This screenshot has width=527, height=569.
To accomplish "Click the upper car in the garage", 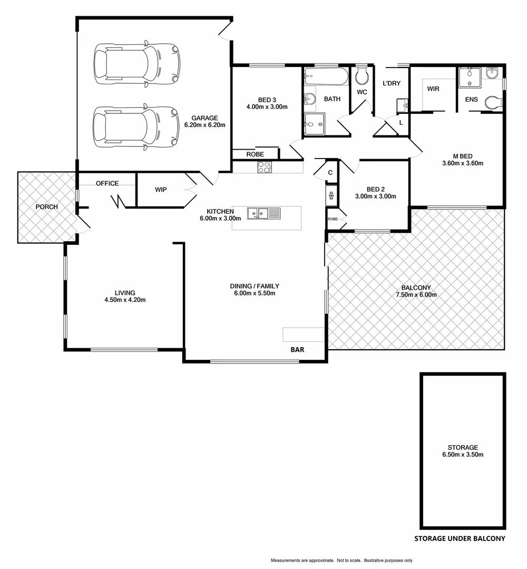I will coord(136,65).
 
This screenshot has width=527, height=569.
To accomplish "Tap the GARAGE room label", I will coord(204,118).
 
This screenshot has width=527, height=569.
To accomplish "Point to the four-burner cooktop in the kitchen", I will coord(264,168).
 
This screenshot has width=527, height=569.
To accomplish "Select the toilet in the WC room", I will coord(362,77).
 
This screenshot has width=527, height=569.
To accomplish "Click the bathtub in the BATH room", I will coord(326,77).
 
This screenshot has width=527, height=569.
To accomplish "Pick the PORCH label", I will coord(46,207).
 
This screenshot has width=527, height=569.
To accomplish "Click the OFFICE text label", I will coord(107,183).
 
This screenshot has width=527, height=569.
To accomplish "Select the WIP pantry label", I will coord(161,190).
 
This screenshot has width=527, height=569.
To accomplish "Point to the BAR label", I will coord(297,349).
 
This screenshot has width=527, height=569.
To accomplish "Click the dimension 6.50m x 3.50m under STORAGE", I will coord(463,455).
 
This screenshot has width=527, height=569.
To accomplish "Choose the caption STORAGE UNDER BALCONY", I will coord(460,538).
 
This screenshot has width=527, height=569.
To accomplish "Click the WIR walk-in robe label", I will coord(433,89).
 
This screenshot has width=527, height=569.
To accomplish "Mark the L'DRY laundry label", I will coord(392,83).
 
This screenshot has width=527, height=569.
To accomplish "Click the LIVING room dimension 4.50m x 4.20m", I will coord(125,300).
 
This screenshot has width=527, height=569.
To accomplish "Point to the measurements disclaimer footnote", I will coord(341,560).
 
